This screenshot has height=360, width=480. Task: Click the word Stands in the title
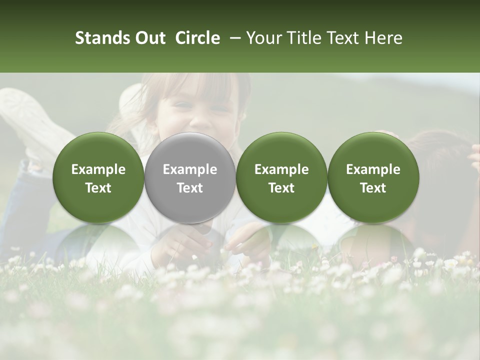click(x=102, y=38)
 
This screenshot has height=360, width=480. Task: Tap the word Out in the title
click(x=150, y=38)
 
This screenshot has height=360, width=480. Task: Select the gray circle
click(x=190, y=177)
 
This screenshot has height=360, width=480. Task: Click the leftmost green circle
click(x=98, y=177)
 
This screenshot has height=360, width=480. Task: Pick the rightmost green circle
click(x=373, y=177)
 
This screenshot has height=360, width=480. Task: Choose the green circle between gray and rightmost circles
click(x=281, y=177)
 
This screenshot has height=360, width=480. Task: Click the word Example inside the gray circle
click(x=190, y=169)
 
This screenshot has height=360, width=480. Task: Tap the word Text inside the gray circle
click(x=190, y=188)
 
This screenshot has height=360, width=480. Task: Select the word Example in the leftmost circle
click(x=98, y=169)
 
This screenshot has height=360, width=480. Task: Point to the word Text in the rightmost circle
click(x=373, y=188)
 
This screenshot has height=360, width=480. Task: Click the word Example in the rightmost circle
click(x=373, y=169)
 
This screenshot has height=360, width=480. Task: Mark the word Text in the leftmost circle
click(x=98, y=188)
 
